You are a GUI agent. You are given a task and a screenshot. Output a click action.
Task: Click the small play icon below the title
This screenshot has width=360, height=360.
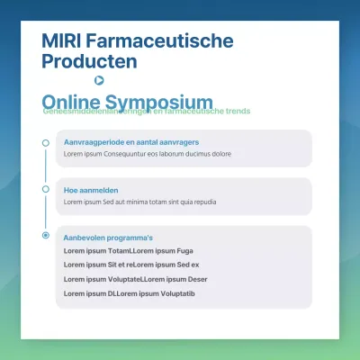point(99,80)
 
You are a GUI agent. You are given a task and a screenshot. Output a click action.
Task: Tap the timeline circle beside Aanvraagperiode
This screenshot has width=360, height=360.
point(46,142)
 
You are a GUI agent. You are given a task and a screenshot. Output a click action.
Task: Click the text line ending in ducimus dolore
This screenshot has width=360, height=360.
point(147,154)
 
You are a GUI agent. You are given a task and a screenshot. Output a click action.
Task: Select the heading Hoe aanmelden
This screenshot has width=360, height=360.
point(91,190)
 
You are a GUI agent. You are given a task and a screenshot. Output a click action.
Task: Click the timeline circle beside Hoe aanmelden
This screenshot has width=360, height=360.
point(46,190)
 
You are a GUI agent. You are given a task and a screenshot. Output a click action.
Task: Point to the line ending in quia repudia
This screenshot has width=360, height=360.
point(139,202)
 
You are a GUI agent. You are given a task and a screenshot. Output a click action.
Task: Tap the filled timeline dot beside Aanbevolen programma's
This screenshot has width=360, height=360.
point(46,236)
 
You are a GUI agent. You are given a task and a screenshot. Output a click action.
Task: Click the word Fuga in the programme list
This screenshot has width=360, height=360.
point(185,250)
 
